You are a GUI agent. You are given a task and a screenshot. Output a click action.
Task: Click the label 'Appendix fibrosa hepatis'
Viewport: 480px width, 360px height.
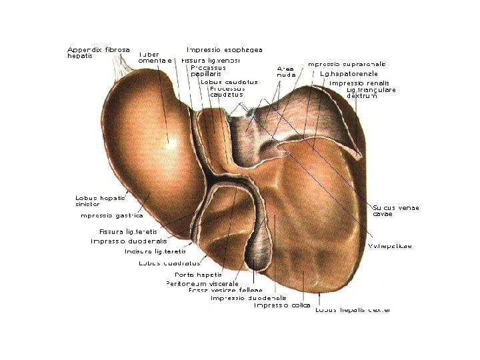click(x=97, y=53)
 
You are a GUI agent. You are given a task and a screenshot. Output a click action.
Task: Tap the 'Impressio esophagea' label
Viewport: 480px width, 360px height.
click(x=224, y=50)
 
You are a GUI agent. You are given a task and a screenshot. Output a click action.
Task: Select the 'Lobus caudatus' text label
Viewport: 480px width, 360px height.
click(x=229, y=82)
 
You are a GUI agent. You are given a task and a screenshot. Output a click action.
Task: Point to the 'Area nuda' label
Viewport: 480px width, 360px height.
click(x=286, y=71)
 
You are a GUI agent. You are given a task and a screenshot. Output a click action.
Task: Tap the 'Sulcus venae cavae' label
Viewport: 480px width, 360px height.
click(x=395, y=211)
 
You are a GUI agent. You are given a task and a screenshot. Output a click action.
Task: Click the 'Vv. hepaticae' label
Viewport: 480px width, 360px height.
click(x=390, y=246)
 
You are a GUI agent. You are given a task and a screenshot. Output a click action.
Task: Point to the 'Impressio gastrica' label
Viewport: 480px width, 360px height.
click(x=111, y=215)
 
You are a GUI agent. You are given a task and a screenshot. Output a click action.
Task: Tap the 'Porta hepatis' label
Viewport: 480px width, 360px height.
click(x=198, y=275)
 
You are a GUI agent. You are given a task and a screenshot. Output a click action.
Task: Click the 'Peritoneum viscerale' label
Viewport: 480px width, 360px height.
click(x=202, y=283)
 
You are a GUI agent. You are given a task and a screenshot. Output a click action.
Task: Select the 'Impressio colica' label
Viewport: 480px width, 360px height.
click(x=282, y=305)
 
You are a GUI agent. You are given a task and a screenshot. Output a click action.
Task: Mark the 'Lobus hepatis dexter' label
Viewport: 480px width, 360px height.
click(x=353, y=310)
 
